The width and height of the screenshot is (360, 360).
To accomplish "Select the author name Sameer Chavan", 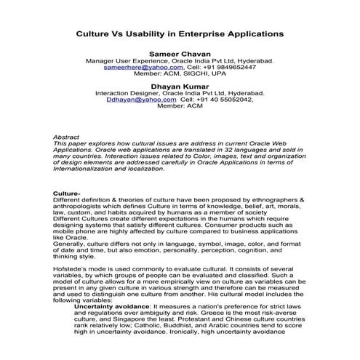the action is tap(179, 55).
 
